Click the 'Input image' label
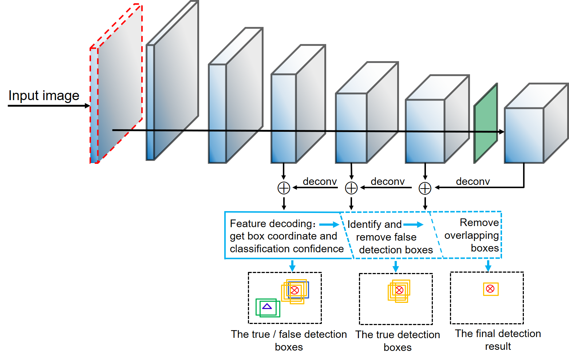pyautogui.click(x=44, y=96)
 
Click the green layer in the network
pyautogui.click(x=486, y=124)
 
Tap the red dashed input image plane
pyautogui.click(x=116, y=84)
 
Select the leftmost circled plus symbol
pyautogui.click(x=284, y=188)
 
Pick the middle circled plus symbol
pyautogui.click(x=351, y=188)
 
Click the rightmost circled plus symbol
pyautogui.click(x=425, y=188)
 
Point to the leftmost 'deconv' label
pyautogui.click(x=320, y=181)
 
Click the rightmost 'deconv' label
pyautogui.click(x=473, y=181)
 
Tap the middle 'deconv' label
pyautogui.click(x=388, y=181)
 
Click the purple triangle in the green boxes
pyautogui.click(x=267, y=306)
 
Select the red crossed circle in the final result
pyautogui.click(x=490, y=289)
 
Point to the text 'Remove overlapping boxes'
pyautogui.click(x=472, y=235)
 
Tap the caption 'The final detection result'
pyautogui.click(x=498, y=340)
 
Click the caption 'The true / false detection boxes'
pyautogui.click(x=289, y=340)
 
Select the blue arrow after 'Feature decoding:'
pyautogui.click(x=329, y=225)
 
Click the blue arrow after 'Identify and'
pyautogui.click(x=413, y=225)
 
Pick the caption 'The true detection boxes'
pyautogui.click(x=398, y=341)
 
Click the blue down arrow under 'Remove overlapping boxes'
pyautogui.click(x=488, y=265)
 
